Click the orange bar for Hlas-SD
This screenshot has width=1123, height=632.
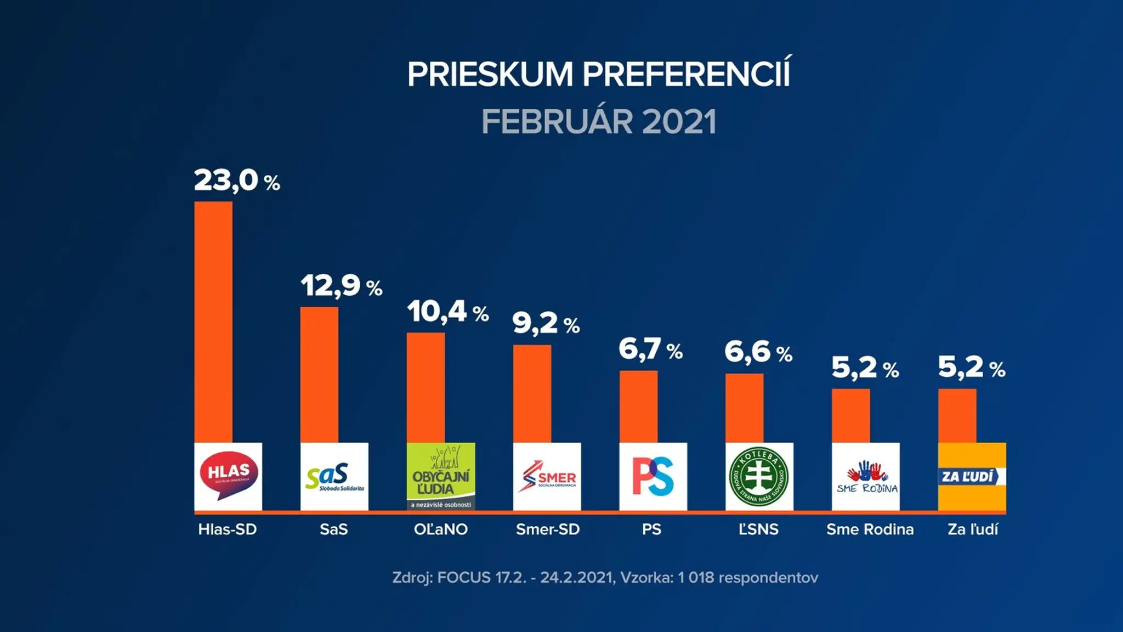click(x=213, y=322)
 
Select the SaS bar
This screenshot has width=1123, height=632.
click(x=319, y=375)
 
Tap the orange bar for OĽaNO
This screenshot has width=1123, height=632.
click(x=426, y=388)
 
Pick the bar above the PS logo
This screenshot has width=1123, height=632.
click(x=638, y=407)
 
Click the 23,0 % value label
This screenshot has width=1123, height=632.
click(x=237, y=180)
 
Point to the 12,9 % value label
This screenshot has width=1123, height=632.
click(x=342, y=286)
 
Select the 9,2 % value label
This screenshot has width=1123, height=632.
click(x=546, y=323)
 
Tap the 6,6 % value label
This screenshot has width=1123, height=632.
click(x=758, y=352)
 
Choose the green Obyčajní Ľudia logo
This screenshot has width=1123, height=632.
click(x=441, y=476)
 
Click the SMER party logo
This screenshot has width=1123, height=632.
click(x=547, y=476)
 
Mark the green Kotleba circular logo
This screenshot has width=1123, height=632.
click(x=759, y=476)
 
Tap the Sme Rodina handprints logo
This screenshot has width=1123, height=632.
click(x=866, y=476)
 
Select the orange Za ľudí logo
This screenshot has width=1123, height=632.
click(x=972, y=476)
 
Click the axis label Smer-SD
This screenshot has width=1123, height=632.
click(x=548, y=529)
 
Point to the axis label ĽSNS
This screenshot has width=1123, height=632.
click(x=758, y=529)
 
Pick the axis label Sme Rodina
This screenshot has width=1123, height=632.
click(x=870, y=529)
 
